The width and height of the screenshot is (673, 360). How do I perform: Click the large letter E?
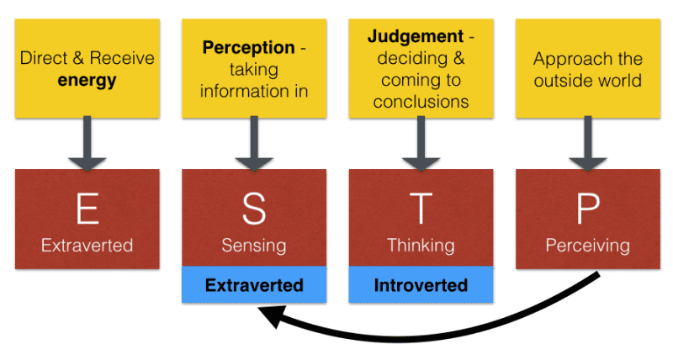tap(87, 208)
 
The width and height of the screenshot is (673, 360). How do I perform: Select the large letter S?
tap(254, 208)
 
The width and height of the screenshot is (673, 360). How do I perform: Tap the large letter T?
tap(421, 208)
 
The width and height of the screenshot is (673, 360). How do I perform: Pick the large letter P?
tap(587, 208)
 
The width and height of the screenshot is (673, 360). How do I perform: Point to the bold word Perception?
tap(248, 48)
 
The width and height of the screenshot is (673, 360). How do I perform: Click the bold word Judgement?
tap(416, 37)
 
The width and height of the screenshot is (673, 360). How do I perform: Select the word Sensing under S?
tap(254, 246)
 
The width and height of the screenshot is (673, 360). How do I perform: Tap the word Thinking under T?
tap(421, 246)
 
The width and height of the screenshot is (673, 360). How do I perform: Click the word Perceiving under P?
tap(587, 246)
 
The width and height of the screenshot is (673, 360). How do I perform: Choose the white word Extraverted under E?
tap(87, 246)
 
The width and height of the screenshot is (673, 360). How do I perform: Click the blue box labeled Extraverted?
tap(254, 286)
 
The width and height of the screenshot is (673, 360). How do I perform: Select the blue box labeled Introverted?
tap(421, 286)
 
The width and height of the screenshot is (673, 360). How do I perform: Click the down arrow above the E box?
tap(87, 145)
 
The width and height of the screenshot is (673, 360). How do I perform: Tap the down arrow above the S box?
tap(254, 145)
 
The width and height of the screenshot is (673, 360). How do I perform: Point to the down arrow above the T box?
tap(421, 145)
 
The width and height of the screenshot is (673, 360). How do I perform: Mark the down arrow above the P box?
tap(587, 145)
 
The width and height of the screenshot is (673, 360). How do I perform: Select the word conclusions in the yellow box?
tap(421, 102)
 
